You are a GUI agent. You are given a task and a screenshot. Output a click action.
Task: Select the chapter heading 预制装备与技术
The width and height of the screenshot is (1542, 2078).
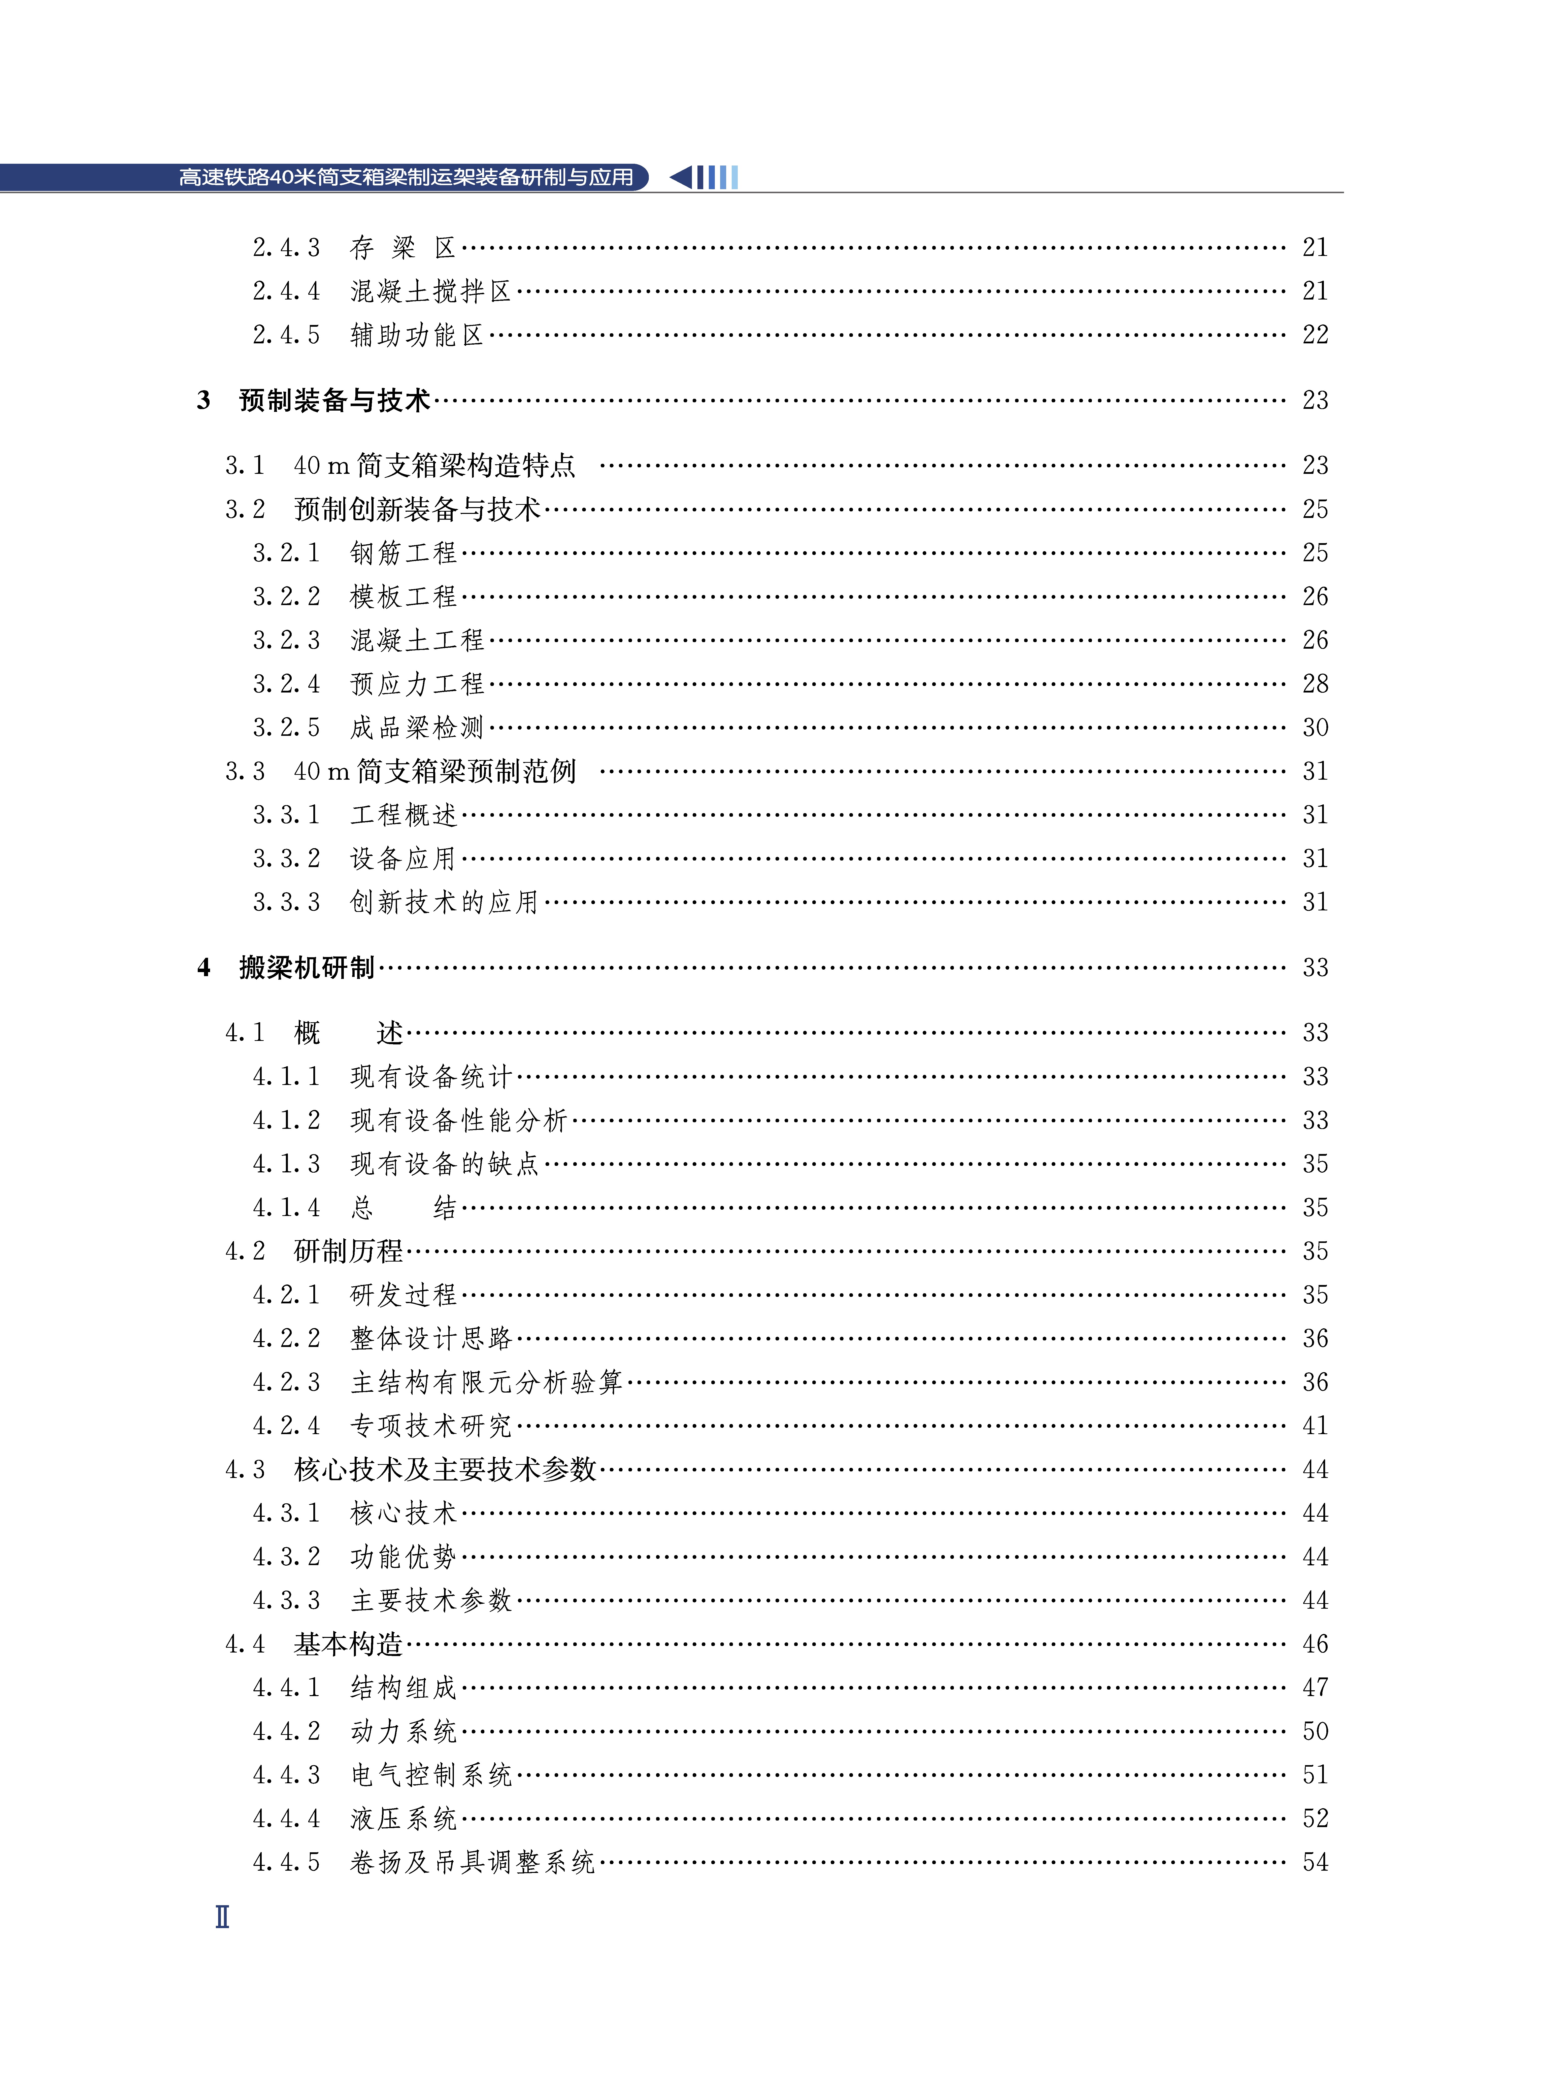(334, 401)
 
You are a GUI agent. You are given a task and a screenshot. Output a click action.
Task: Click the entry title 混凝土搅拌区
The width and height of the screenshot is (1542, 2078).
(430, 291)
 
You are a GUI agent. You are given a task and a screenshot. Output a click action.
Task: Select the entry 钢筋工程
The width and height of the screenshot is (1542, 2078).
(403, 553)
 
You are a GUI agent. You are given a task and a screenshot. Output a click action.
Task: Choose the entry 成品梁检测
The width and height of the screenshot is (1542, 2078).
(416, 727)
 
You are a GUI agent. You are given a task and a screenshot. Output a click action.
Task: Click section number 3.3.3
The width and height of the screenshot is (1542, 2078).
(286, 902)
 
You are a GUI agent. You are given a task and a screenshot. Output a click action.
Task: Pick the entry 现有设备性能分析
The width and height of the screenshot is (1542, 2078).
(458, 1120)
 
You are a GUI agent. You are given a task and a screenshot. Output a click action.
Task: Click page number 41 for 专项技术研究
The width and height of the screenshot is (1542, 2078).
(1314, 1426)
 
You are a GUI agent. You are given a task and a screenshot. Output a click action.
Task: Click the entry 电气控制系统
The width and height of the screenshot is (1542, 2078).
(430, 1775)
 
